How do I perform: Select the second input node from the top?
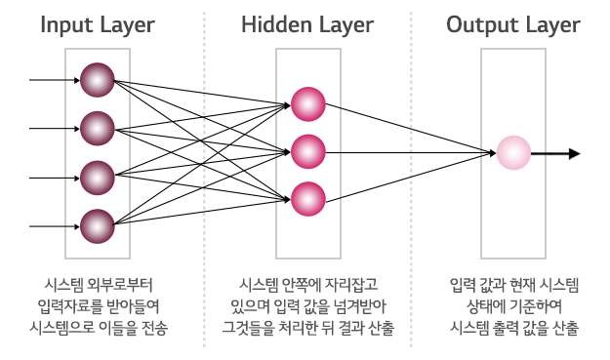(x=98, y=128)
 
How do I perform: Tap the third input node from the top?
(x=98, y=178)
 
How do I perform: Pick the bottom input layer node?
(x=98, y=226)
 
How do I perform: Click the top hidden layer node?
(x=307, y=103)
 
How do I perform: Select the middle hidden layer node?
(x=307, y=152)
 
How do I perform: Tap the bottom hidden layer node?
(x=307, y=199)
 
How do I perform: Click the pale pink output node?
(x=513, y=153)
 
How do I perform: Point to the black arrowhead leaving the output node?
(x=574, y=153)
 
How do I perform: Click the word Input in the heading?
(x=67, y=24)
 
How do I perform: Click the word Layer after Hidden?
(x=341, y=24)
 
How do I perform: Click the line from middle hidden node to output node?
(x=410, y=153)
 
